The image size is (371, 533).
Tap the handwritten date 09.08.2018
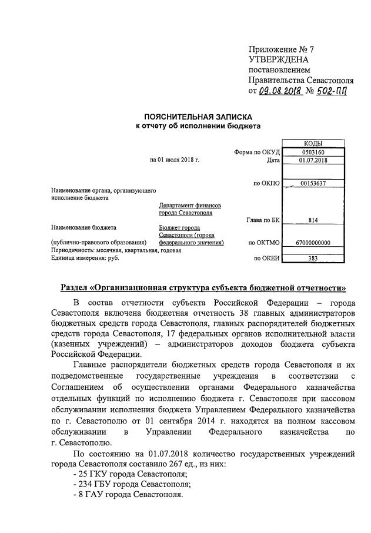[280, 91]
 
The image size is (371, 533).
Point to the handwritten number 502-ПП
[330, 91]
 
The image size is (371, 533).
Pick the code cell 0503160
[312, 152]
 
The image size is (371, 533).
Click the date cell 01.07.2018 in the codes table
[312, 160]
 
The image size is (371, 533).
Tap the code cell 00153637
[312, 183]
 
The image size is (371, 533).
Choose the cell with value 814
[312, 220]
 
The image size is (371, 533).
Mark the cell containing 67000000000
[312, 243]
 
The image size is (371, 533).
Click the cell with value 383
[312, 258]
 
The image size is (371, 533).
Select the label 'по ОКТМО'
[264, 243]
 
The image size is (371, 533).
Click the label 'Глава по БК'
[262, 220]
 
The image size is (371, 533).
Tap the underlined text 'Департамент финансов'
[190, 206]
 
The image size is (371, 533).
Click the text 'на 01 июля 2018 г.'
[175, 160]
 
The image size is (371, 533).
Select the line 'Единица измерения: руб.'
[85, 258]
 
